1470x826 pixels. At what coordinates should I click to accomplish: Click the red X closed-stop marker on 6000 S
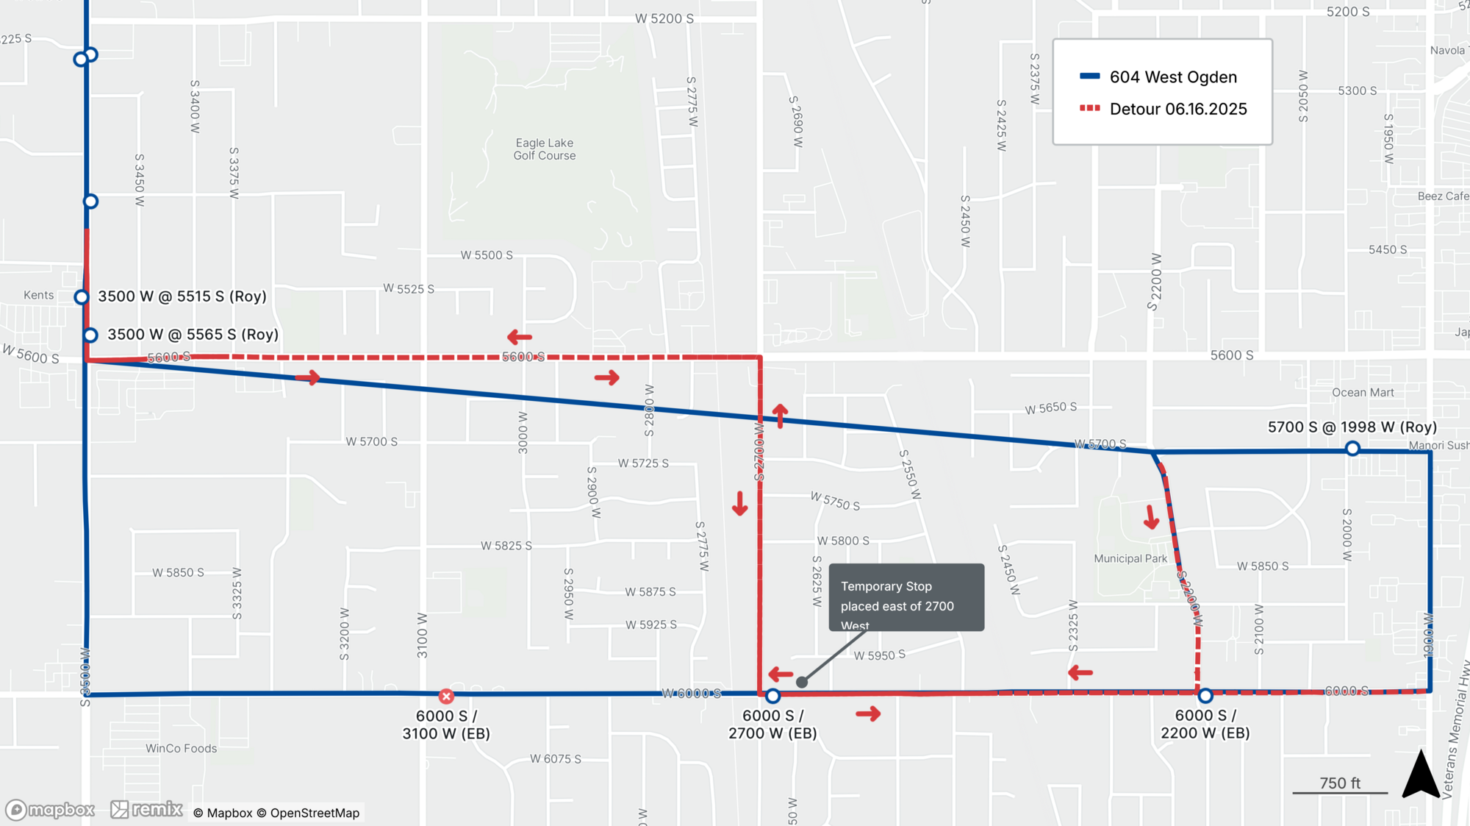[446, 696]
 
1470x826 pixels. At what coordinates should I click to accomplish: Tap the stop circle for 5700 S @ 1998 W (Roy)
[1352, 449]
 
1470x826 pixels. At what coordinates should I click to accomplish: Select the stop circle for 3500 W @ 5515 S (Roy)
[82, 297]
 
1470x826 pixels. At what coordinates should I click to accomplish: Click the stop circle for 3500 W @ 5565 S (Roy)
[90, 335]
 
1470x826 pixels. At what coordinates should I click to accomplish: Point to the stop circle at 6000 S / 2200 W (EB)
[1205, 695]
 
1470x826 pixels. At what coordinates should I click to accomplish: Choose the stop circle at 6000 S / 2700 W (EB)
[772, 695]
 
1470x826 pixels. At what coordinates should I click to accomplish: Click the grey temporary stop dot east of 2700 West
[802, 683]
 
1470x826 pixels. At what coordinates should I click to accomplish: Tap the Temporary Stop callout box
[906, 597]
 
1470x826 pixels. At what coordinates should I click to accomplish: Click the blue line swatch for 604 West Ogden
[1089, 76]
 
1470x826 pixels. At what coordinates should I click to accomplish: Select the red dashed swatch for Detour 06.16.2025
[1089, 109]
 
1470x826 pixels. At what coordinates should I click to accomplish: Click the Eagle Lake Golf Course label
[544, 149]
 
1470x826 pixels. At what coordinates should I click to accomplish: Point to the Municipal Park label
[1130, 559]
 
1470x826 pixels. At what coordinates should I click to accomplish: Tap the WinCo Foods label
[181, 749]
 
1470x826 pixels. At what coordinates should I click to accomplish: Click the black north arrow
[1420, 775]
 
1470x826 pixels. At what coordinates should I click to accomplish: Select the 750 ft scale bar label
[1340, 783]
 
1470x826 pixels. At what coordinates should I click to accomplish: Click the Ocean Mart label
[1363, 393]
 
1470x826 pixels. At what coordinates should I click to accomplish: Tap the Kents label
[38, 295]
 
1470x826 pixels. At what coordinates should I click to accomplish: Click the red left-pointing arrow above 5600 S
[520, 337]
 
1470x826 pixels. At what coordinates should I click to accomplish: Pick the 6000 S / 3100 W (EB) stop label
[446, 724]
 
